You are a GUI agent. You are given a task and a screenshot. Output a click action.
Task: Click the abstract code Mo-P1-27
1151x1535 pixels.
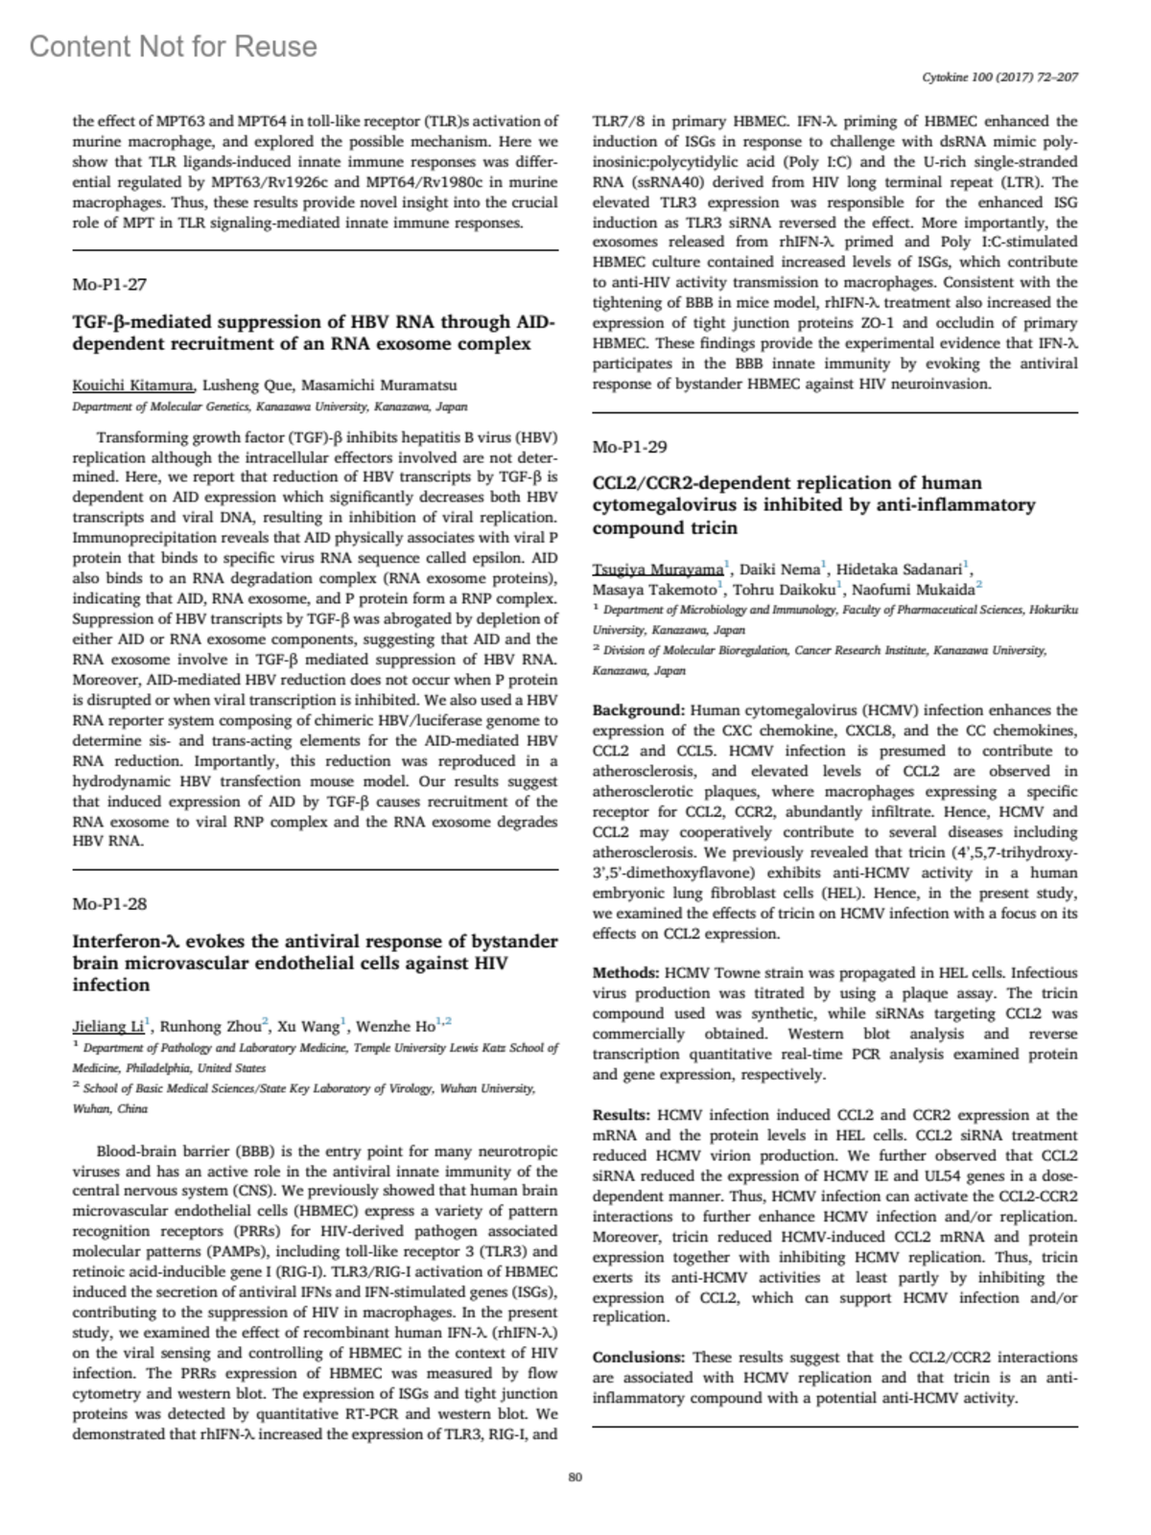(109, 285)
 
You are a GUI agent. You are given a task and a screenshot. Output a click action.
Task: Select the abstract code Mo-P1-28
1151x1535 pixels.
(109, 904)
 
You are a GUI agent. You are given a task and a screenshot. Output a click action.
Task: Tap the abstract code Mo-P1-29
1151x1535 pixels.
(630, 447)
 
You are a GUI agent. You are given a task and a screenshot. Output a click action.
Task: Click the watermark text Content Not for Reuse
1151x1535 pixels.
(174, 46)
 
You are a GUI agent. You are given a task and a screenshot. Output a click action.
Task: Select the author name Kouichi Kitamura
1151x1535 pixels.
(133, 385)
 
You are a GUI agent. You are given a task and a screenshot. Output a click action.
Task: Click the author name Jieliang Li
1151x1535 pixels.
(107, 1026)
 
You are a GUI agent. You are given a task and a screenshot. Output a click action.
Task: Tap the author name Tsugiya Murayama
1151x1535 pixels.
(658, 569)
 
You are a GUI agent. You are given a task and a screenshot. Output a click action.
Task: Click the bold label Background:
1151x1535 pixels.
(639, 710)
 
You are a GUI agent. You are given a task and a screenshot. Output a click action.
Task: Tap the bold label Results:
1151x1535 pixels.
(622, 1115)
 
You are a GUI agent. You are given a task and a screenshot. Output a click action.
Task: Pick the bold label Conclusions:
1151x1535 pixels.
(639, 1358)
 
